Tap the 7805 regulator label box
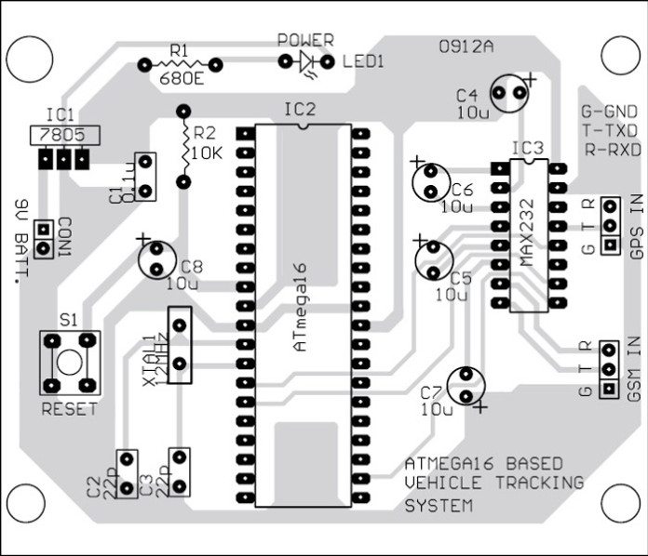[61, 135]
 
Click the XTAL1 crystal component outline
[181, 345]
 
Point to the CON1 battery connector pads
[42, 239]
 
